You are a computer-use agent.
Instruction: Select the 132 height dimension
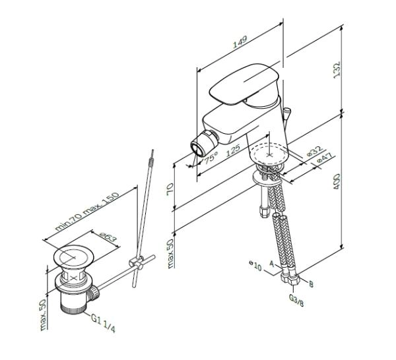[x=337, y=69]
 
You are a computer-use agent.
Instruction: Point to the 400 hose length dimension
[x=337, y=181]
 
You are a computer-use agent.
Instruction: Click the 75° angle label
[x=211, y=158]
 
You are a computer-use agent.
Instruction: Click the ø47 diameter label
[x=324, y=160]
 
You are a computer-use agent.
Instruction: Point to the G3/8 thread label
[x=296, y=297]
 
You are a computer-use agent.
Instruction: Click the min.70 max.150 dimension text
[x=78, y=212]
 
